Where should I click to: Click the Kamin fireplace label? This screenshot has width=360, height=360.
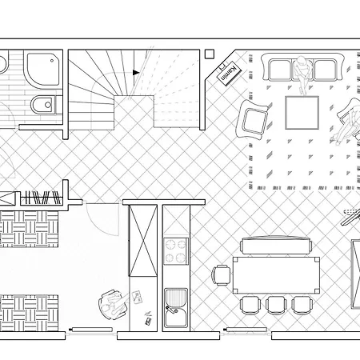229,74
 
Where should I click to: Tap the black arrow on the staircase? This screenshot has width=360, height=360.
136,72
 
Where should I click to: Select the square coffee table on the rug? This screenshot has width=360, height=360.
302,113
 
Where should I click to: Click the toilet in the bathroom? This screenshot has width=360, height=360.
43,105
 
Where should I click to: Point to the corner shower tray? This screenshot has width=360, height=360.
43,70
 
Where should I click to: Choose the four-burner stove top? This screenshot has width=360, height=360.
176,251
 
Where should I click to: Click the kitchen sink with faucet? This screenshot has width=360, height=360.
176,308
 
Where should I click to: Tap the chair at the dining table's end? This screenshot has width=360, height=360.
221,275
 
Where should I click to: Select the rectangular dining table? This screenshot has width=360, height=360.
276,275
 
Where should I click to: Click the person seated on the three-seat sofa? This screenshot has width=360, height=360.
302,72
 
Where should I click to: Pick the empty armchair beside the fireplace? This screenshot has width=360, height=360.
252,119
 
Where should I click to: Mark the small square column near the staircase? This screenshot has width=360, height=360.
210,54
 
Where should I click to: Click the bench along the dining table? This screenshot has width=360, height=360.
276,246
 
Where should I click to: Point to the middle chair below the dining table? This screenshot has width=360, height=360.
276,305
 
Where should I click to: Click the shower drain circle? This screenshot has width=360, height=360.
52,61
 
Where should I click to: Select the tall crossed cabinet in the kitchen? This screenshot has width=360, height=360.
143,240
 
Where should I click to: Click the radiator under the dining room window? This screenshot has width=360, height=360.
246,330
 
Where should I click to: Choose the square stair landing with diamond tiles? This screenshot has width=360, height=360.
134,113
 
